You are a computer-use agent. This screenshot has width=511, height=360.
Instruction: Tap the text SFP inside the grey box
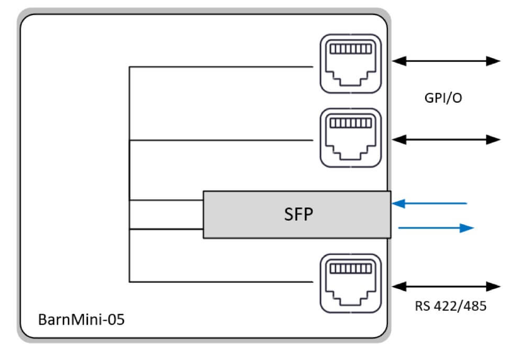click(x=297, y=214)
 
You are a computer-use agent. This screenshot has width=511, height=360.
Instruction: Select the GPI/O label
click(x=443, y=99)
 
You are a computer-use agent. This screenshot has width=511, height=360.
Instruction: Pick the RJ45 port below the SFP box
click(x=350, y=283)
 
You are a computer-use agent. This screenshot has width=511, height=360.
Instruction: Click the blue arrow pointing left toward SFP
click(x=429, y=203)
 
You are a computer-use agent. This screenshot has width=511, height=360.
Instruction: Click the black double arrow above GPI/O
click(x=447, y=61)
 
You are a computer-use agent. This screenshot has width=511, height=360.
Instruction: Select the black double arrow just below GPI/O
click(x=447, y=139)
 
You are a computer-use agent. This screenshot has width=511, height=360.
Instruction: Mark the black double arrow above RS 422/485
click(x=447, y=286)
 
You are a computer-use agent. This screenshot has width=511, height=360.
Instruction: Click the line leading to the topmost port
click(x=220, y=67)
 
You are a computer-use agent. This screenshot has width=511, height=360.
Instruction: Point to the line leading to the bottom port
click(x=220, y=282)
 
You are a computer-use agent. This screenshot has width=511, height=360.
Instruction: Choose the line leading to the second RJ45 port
click(x=220, y=140)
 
